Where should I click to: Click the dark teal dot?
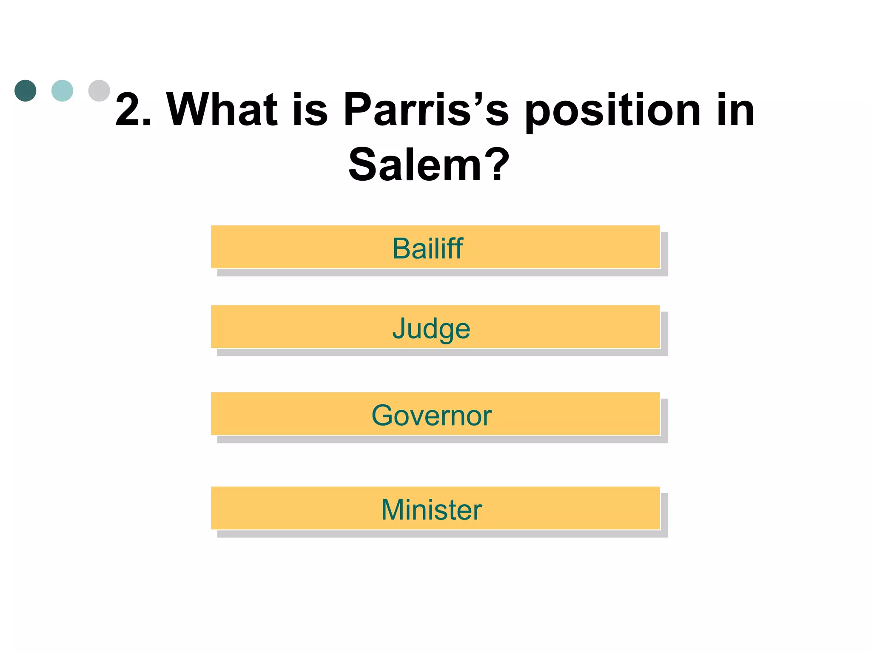[x=26, y=91]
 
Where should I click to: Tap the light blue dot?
[x=62, y=91]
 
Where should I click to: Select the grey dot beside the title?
[x=99, y=91]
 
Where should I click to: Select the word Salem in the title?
[x=415, y=165]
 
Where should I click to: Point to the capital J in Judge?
[x=399, y=328]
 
